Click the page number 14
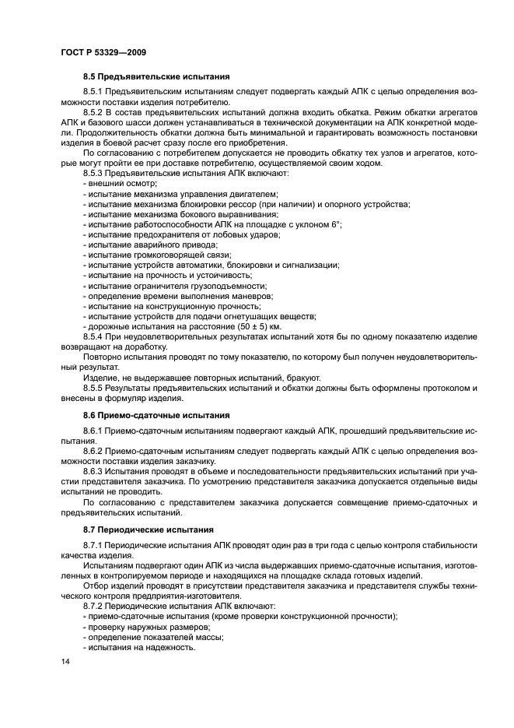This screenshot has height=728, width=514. click(64, 662)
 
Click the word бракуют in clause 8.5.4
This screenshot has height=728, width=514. click(302, 377)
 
